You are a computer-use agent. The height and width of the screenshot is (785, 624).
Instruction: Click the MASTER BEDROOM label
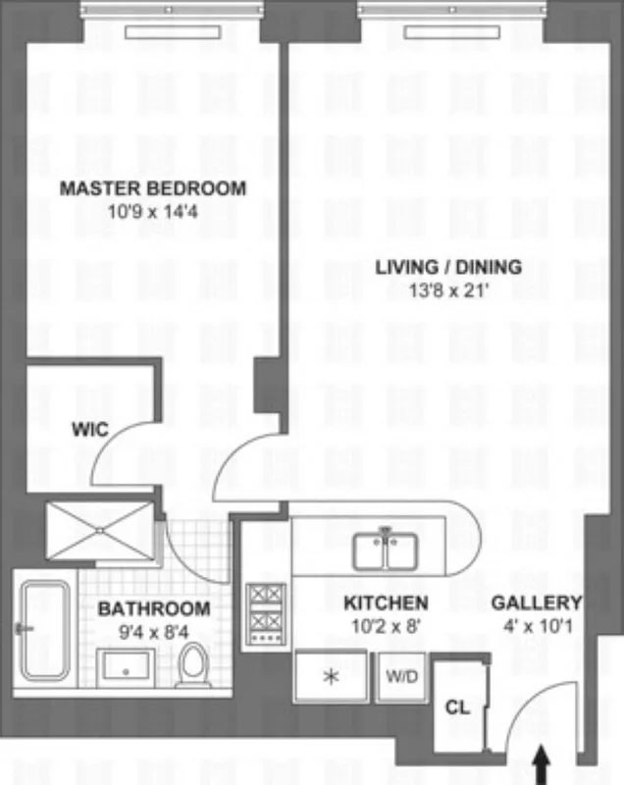click(152, 188)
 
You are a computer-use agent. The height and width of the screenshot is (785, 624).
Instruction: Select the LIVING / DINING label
click(448, 267)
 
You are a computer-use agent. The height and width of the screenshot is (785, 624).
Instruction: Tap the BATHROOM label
click(154, 608)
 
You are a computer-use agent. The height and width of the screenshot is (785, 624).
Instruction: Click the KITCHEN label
click(385, 602)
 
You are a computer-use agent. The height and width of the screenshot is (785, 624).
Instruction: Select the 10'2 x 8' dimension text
click(385, 623)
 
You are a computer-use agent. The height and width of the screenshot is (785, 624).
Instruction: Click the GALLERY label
click(536, 602)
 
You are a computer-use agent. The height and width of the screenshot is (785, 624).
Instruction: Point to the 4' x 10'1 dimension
click(536, 623)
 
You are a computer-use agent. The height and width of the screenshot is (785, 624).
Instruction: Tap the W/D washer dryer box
click(399, 675)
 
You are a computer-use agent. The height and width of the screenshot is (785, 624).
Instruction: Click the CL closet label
click(457, 706)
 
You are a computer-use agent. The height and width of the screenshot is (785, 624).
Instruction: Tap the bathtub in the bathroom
click(45, 631)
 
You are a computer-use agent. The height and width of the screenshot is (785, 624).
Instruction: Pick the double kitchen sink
click(386, 550)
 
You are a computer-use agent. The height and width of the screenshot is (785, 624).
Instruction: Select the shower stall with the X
click(99, 531)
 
